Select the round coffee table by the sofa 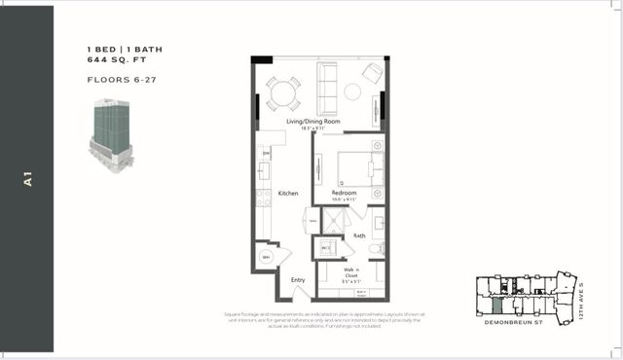[351, 91]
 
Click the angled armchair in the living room [372, 73]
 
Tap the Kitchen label [288, 194]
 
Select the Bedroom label [344, 193]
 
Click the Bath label [359, 235]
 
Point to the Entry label [298, 280]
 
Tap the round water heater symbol [267, 257]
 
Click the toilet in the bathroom [377, 249]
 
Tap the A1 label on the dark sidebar [28, 180]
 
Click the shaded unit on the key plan [497, 287]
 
